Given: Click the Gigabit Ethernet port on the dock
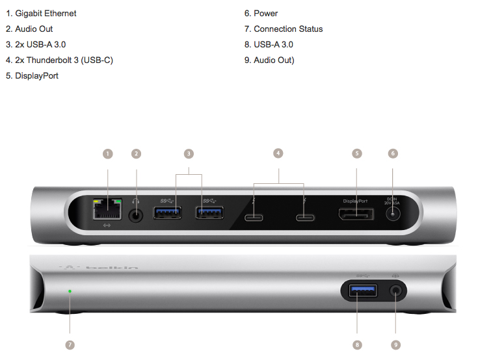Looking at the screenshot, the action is pyautogui.click(x=107, y=209).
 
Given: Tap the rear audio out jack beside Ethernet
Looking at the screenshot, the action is pyautogui.click(x=136, y=215).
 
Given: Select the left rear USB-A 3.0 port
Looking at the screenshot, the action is pyautogui.click(x=167, y=212).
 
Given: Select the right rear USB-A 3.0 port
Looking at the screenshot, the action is pyautogui.click(x=209, y=212).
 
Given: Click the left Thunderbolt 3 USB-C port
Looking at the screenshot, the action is pyautogui.click(x=254, y=218).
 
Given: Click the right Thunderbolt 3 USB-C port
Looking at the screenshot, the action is pyautogui.click(x=305, y=218).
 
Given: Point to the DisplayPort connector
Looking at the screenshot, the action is pyautogui.click(x=356, y=214).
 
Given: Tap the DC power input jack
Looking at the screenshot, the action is pyautogui.click(x=393, y=214).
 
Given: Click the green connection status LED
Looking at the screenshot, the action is pyautogui.click(x=70, y=291).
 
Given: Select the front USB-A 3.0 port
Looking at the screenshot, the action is pyautogui.click(x=363, y=291).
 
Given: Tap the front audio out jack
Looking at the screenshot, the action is pyautogui.click(x=396, y=291).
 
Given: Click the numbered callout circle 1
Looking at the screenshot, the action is pyautogui.click(x=108, y=153).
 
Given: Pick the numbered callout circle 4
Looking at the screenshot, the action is pyautogui.click(x=278, y=153).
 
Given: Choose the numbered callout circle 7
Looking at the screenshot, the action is pyautogui.click(x=70, y=344).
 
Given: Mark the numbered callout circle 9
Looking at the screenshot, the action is pyautogui.click(x=396, y=344).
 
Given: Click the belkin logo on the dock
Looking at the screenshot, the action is pyautogui.click(x=99, y=268).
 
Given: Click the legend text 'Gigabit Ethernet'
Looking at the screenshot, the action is pyautogui.click(x=46, y=14).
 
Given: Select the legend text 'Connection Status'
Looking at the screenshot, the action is pyautogui.click(x=288, y=29).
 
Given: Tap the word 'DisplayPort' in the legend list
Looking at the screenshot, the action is pyautogui.click(x=36, y=76).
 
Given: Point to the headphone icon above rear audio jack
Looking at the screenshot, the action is pyautogui.click(x=135, y=201).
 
